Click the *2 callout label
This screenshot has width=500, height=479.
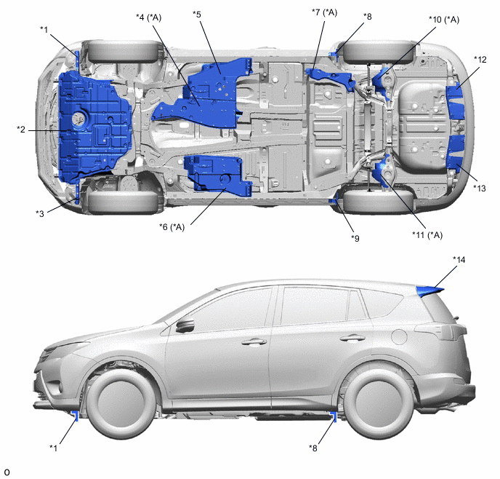pyautogui.click(x=21, y=130)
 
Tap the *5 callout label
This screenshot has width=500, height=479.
pyautogui.click(x=197, y=15)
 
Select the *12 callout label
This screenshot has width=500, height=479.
pyautogui.click(x=480, y=60)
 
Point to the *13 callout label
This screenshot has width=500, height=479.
pyautogui.click(x=479, y=189)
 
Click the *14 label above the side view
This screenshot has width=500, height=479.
pyautogui.click(x=459, y=260)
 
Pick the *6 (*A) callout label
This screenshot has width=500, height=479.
pyautogui.click(x=172, y=227)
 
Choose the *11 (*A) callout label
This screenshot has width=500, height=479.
pyautogui.click(x=427, y=235)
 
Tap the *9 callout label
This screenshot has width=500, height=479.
pyautogui.click(x=355, y=238)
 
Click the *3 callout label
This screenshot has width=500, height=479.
pyautogui.click(x=40, y=213)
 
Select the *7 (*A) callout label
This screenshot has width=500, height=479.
pyautogui.click(x=324, y=12)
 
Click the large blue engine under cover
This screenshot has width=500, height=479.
pyautogui.click(x=94, y=126)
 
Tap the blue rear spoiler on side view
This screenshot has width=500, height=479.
pyautogui.click(x=429, y=291)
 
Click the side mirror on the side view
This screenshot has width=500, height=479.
pyautogui.click(x=185, y=325)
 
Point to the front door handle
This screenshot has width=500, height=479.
pyautogui.click(x=254, y=341)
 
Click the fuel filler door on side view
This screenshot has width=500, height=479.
pyautogui.click(x=398, y=336)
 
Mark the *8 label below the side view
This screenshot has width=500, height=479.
pyautogui.click(x=313, y=448)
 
